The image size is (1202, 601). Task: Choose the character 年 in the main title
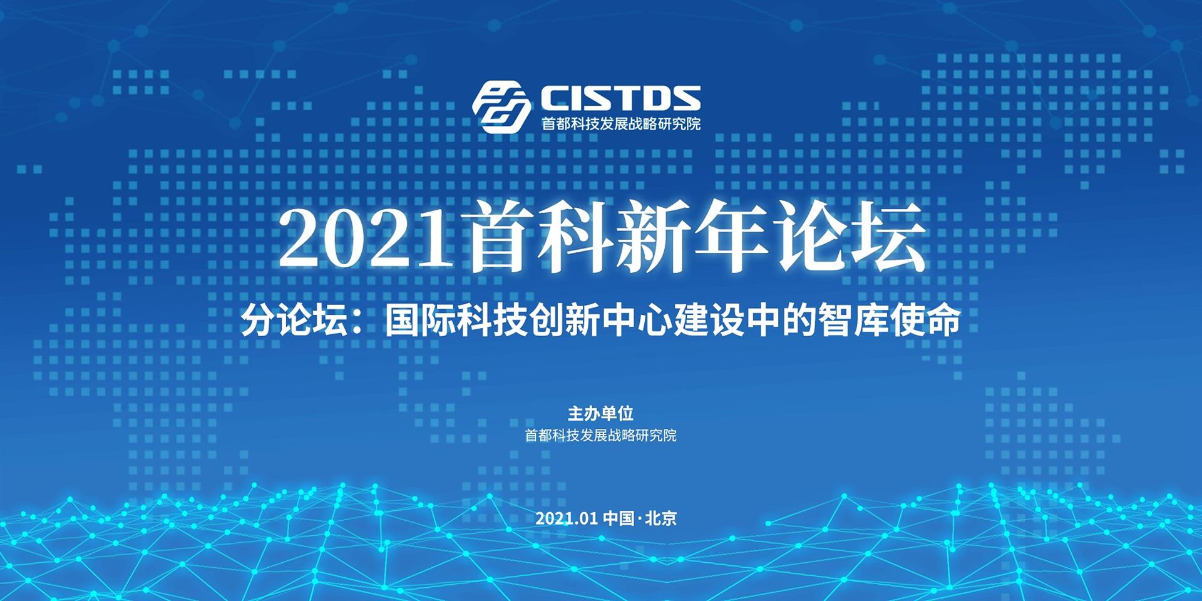732,237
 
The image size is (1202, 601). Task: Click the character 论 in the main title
809,237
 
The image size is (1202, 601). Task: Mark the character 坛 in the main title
887,237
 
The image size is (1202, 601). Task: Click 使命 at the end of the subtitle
924,321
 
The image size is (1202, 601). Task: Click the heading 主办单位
600,413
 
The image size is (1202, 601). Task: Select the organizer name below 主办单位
600,435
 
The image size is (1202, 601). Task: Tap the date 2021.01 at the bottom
567,518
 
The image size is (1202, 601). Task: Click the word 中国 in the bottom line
619,518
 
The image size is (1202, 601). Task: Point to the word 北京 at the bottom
660,518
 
